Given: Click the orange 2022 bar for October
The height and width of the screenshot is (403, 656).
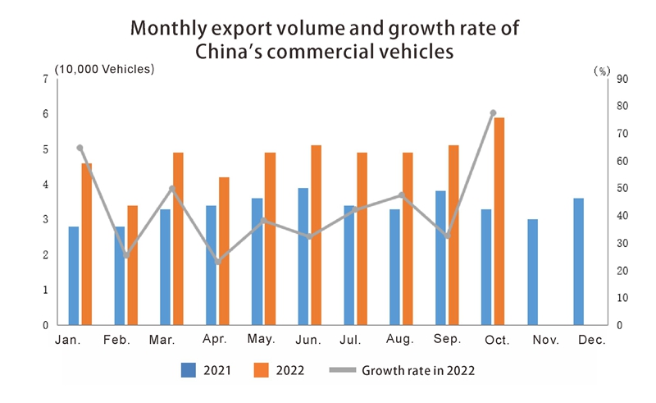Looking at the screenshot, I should (499, 222).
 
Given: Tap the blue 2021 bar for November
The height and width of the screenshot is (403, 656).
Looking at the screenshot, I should (532, 272).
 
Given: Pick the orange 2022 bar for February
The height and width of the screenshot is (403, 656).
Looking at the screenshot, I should (132, 265).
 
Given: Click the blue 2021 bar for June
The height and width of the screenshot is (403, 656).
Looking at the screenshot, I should (303, 256).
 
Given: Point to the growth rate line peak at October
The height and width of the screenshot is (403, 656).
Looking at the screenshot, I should (493, 112).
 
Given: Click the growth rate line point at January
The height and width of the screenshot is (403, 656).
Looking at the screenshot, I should (80, 148).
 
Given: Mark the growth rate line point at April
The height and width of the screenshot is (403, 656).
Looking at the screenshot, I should (218, 262).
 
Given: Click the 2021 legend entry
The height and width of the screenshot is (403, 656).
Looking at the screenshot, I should (206, 370).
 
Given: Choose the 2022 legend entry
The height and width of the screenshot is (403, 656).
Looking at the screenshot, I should (279, 370).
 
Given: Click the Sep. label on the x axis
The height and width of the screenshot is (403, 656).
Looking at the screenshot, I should (447, 340).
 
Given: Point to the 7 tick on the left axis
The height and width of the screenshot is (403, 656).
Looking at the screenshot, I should (46, 79).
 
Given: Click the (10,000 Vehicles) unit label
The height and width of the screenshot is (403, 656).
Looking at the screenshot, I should (104, 69).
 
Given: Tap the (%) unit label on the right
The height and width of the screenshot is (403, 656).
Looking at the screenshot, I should (601, 71).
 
